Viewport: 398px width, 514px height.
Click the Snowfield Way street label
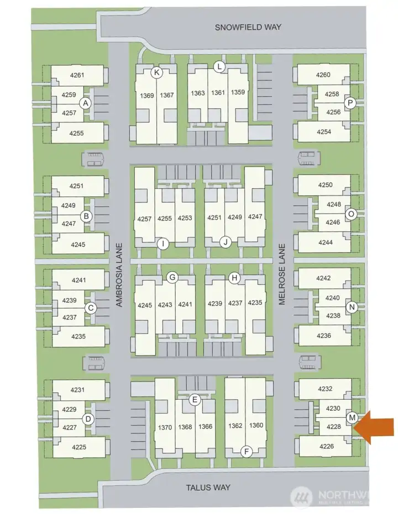pos(248,27)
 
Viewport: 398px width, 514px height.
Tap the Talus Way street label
pos(208,487)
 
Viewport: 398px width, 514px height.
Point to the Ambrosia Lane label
pos(119,275)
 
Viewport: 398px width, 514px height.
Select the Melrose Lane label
pos(282,274)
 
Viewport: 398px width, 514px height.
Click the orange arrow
pos(375,427)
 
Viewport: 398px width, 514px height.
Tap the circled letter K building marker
pos(157,72)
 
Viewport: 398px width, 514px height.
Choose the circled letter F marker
pos(247,452)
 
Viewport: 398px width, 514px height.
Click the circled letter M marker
pos(352,417)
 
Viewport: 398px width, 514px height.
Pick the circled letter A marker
pos(86,103)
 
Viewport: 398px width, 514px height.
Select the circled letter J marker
pos(226,242)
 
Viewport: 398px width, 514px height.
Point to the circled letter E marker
pos(195,400)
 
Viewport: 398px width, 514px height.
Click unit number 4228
pos(334,427)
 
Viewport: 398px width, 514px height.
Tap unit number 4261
pos(77,75)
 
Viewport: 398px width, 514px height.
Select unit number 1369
pos(146,96)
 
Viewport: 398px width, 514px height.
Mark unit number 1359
pos(238,92)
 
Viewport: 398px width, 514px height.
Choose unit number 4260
pos(323,75)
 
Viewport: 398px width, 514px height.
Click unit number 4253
pos(185,218)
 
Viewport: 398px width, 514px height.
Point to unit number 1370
pos(165,427)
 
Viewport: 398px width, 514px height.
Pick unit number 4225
pos(78,447)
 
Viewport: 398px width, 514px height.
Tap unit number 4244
pos(326,242)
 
